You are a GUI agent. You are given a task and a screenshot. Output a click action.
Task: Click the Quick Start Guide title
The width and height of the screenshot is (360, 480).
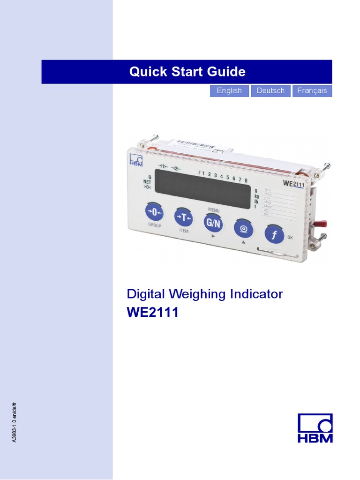coord(187,72)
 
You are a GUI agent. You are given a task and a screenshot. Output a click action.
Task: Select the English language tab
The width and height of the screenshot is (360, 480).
coord(229,91)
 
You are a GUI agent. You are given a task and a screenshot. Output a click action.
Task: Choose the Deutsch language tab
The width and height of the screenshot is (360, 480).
coord(270,91)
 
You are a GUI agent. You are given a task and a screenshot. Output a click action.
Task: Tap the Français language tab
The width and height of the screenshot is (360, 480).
coord(312,91)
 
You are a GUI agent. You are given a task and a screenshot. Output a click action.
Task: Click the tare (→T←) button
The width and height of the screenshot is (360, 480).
coord(183,217)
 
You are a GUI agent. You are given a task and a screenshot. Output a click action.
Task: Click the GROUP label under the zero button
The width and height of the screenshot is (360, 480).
coord(155,225)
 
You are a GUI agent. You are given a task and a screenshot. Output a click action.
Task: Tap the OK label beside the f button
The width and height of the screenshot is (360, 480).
coord(290,238)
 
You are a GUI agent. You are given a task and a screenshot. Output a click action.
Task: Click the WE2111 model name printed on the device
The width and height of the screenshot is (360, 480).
coord(294,184)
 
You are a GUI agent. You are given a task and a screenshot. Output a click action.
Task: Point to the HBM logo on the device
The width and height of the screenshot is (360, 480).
coord(136,159)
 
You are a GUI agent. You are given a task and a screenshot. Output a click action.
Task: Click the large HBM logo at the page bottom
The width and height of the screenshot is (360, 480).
coord(315,428)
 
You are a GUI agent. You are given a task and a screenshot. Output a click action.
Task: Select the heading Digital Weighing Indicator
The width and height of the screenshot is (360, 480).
coord(205,294)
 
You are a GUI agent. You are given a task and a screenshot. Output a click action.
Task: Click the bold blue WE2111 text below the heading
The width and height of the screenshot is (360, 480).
coord(153,313)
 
